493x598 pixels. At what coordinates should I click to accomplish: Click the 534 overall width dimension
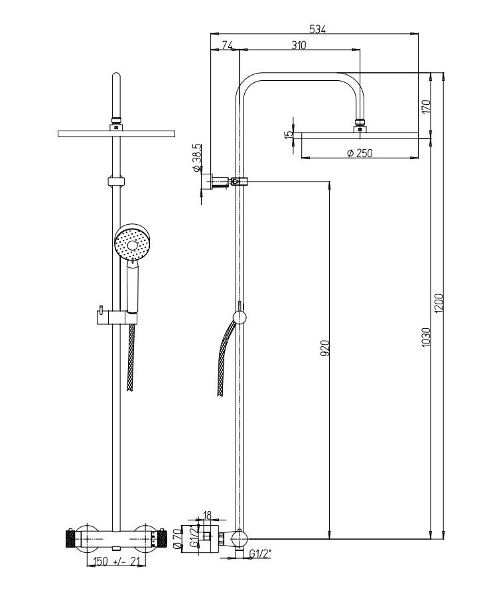click(317, 29)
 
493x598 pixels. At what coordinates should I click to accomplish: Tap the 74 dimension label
click(227, 45)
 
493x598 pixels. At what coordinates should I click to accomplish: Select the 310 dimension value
click(299, 45)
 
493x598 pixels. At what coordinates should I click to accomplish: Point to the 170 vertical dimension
click(426, 106)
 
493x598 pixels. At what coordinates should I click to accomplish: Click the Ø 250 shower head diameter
click(360, 153)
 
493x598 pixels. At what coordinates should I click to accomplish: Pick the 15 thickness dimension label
click(289, 133)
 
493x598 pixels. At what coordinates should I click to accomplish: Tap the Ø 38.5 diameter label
click(197, 158)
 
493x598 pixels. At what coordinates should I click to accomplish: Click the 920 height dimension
click(324, 348)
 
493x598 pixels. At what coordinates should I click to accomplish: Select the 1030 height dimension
click(426, 337)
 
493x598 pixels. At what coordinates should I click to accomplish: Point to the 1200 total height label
click(439, 304)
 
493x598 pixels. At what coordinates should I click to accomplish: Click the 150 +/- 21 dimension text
click(114, 561)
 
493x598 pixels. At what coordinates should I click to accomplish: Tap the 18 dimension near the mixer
click(206, 516)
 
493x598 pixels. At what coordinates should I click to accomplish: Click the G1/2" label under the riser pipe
click(260, 553)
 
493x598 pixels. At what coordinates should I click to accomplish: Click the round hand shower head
click(133, 242)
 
